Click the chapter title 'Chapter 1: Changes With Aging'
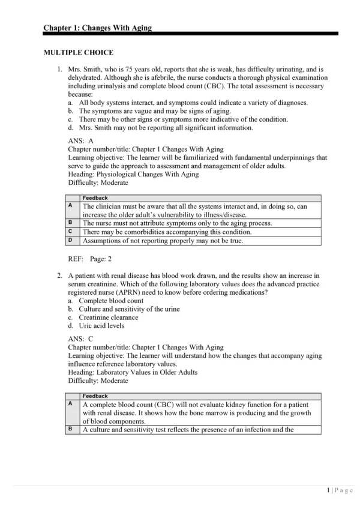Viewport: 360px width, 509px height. pos(97,28)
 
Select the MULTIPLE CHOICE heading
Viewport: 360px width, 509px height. pos(79,53)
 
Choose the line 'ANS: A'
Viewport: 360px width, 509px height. pos(81,140)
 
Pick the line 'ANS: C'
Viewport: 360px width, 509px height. pos(81,339)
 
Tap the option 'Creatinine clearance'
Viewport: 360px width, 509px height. pos(108,318)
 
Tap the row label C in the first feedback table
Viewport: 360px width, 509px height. pos(70,231)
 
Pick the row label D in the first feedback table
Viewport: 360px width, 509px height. pos(70,240)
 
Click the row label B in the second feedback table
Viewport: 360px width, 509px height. pos(70,429)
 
